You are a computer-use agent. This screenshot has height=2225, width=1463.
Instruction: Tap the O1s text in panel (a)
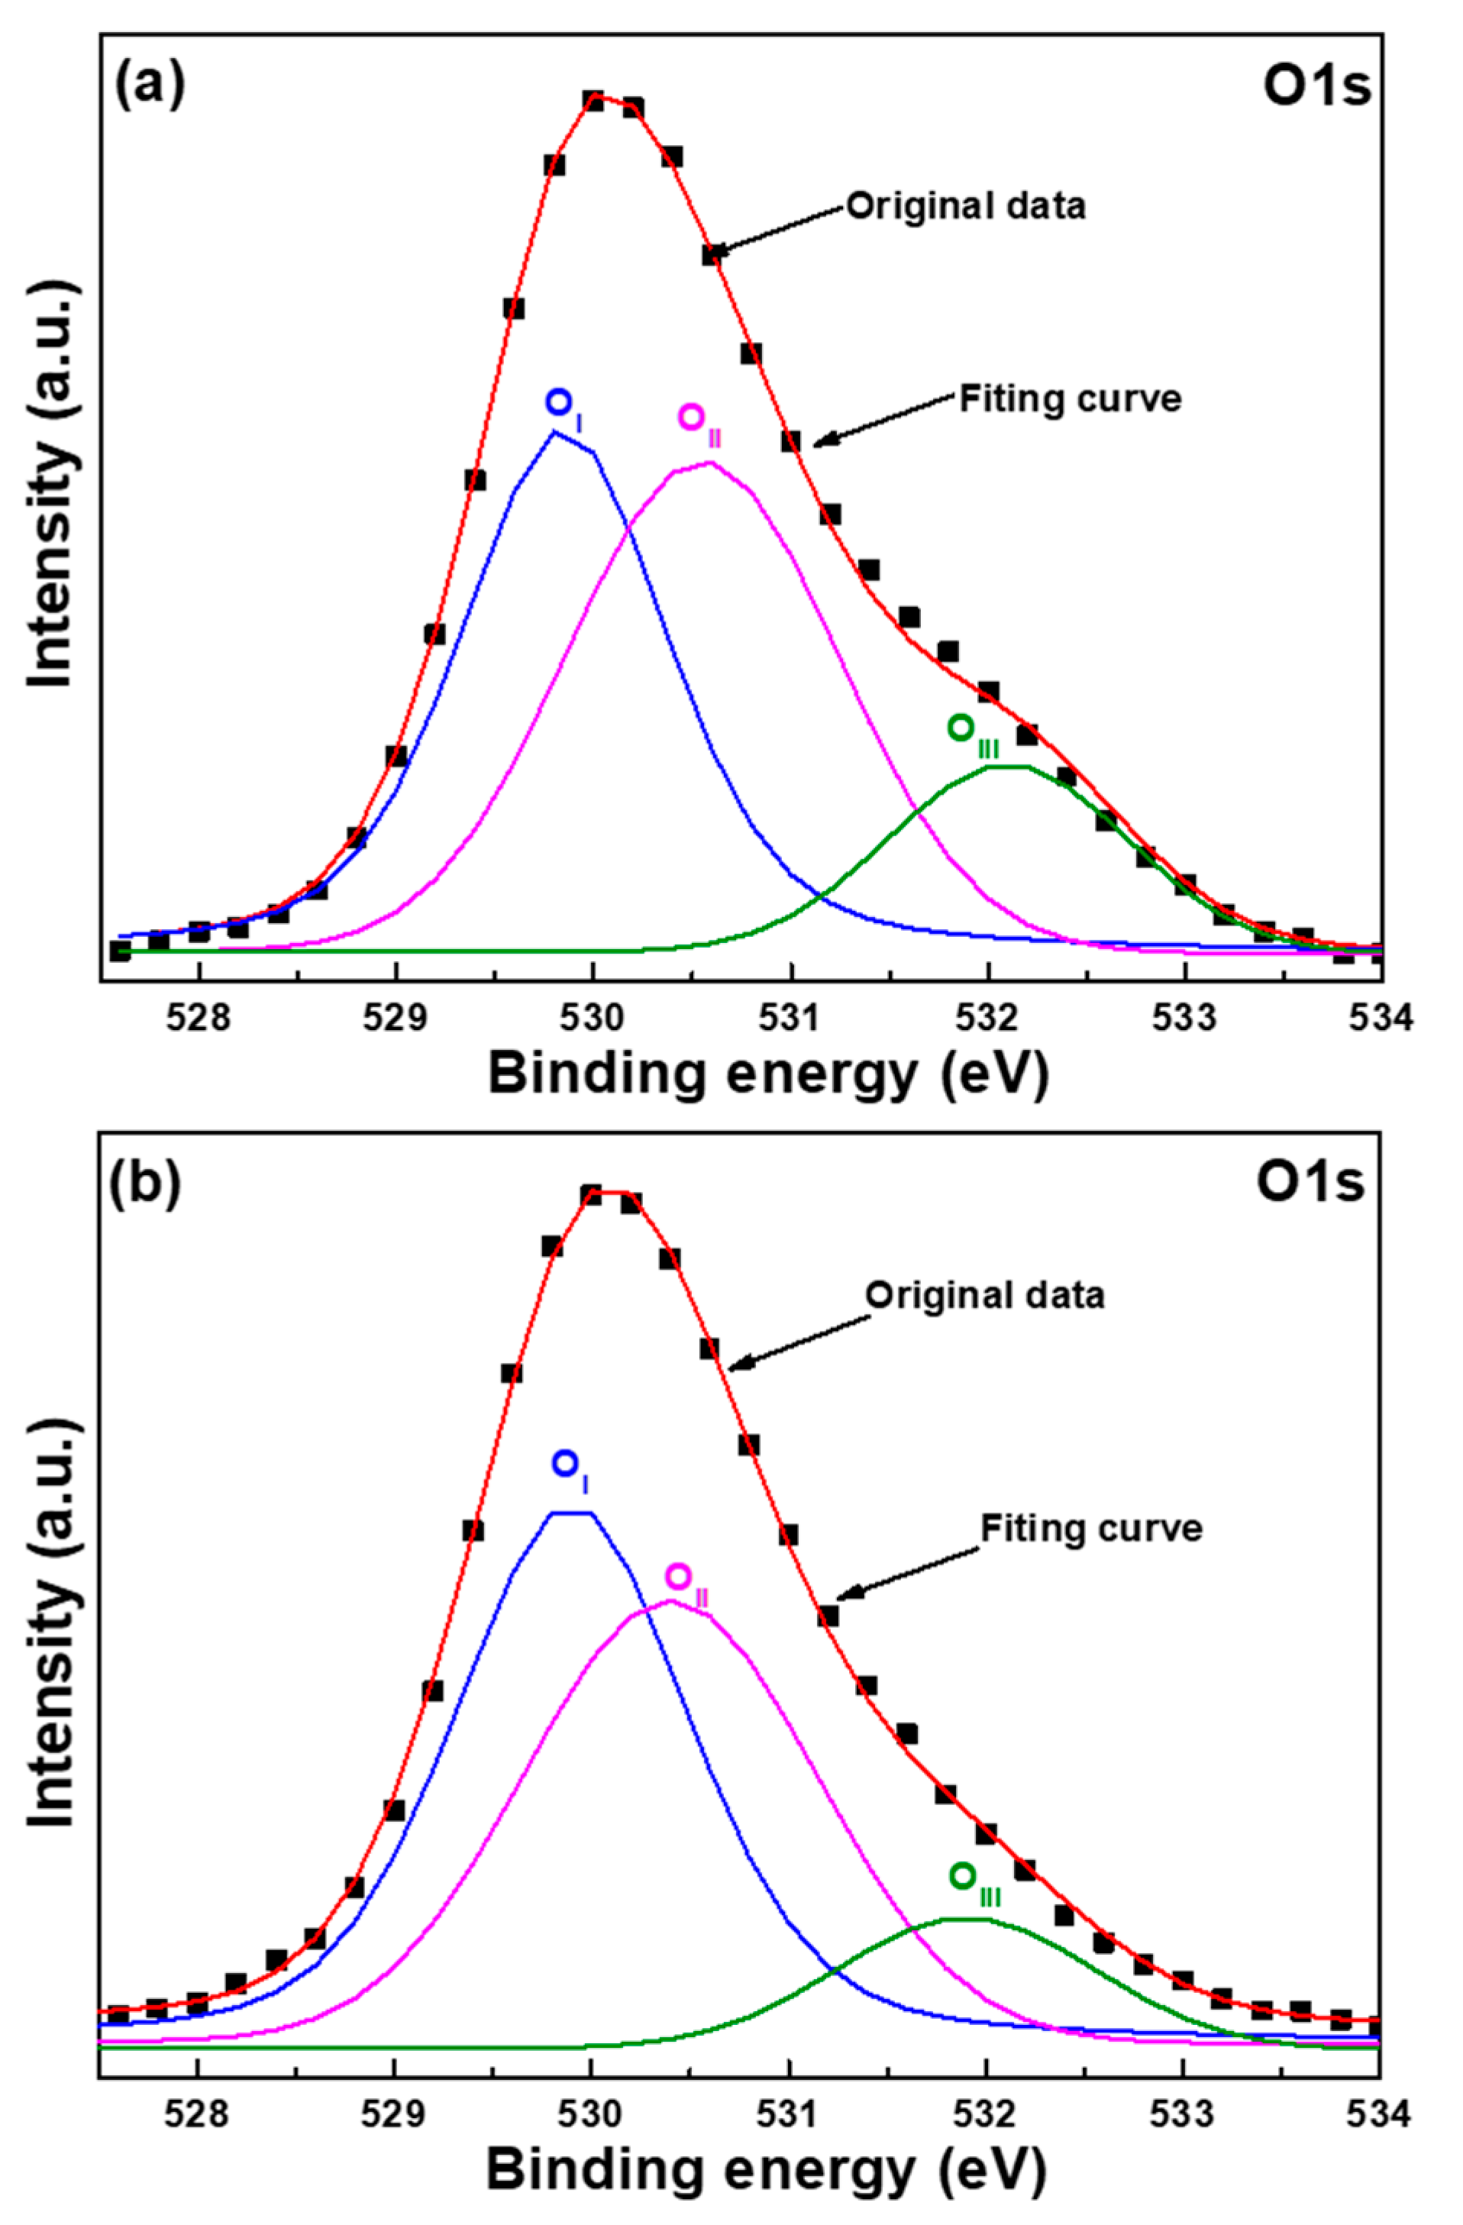click(x=1317, y=87)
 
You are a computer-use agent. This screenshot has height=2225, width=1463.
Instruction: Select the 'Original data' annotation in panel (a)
click(x=966, y=205)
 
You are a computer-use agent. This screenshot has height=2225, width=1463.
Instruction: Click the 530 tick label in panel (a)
click(x=593, y=1017)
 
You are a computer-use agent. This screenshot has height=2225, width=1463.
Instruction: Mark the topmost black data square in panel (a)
click(x=593, y=100)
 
